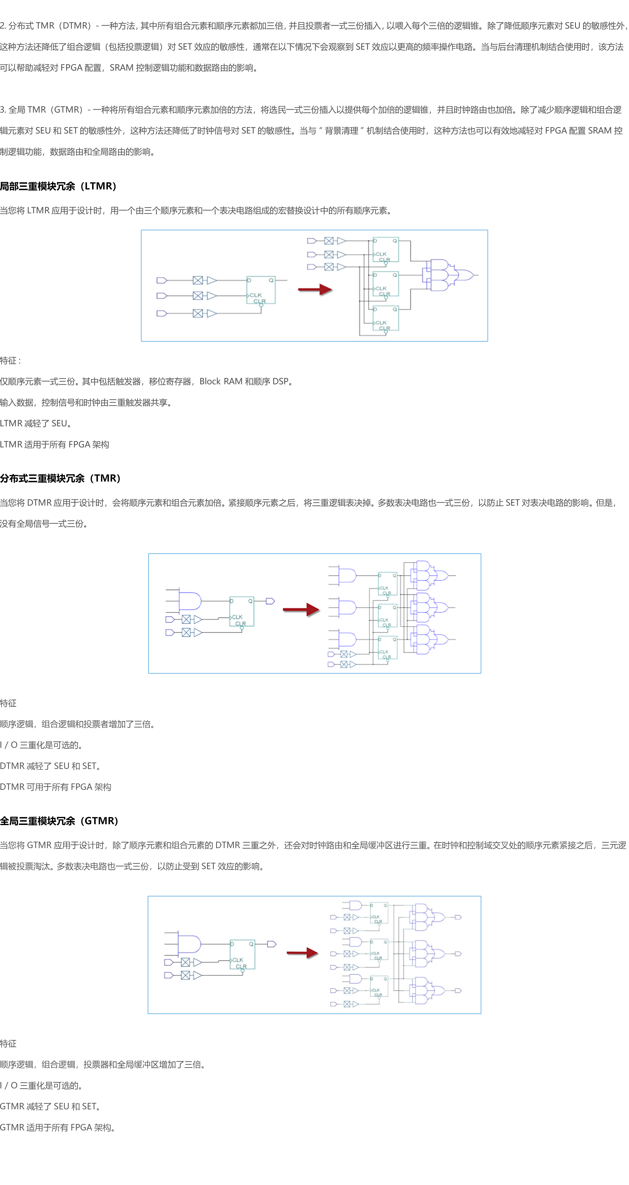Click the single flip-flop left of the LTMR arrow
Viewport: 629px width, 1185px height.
261,290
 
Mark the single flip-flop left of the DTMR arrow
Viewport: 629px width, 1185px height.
241,612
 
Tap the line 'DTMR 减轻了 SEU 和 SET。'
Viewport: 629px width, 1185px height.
51,766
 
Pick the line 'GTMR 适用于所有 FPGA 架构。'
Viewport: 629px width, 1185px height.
57,1127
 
